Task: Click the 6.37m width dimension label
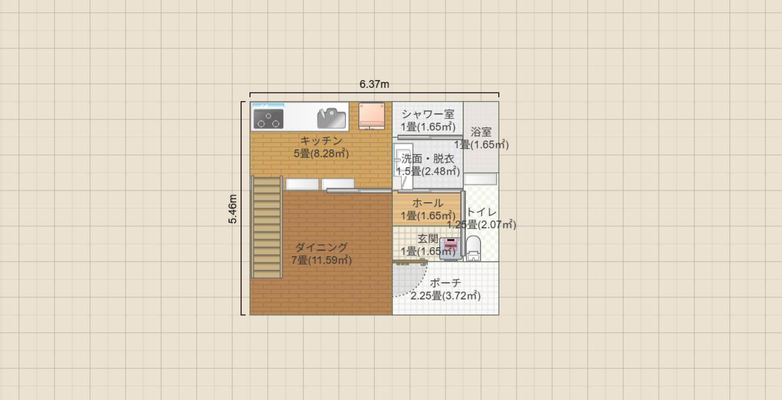[374, 84]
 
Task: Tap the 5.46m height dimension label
[234, 209]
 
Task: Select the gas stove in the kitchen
[268, 119]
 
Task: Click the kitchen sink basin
[331, 119]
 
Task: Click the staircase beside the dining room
[267, 226]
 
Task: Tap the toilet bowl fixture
[473, 248]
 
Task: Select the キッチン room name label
[321, 140]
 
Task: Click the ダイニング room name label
[321, 247]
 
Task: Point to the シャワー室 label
[428, 114]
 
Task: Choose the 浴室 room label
[481, 132]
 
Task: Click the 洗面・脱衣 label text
[428, 158]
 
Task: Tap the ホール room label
[428, 203]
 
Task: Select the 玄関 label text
[428, 238]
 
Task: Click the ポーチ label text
[446, 283]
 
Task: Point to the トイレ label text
[481, 212]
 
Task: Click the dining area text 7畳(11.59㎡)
[321, 260]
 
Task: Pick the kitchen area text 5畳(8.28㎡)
[321, 153]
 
